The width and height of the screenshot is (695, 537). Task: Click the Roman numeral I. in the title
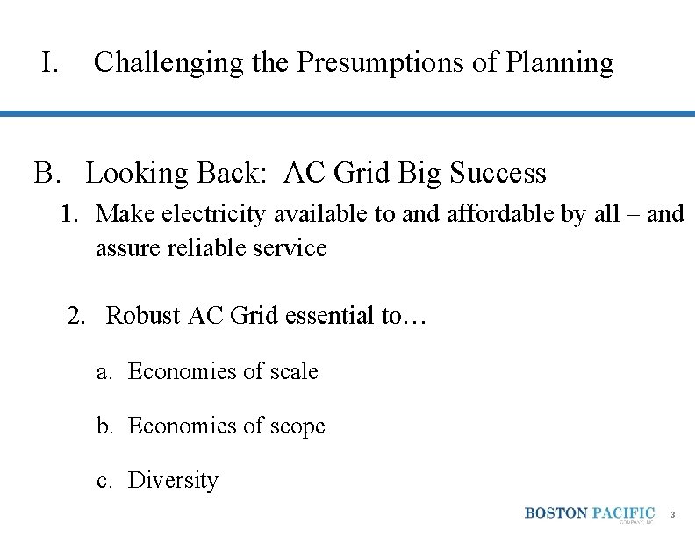pyautogui.click(x=49, y=62)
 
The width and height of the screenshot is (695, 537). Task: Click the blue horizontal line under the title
pyautogui.click(x=347, y=113)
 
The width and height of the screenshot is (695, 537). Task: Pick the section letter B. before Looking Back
pyautogui.click(x=48, y=173)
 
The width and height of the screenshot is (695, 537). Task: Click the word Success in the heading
pyautogui.click(x=498, y=173)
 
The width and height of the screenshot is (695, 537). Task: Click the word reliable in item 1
pyautogui.click(x=204, y=248)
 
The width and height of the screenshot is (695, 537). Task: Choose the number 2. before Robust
pyautogui.click(x=79, y=316)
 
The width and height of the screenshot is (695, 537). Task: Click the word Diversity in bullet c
pyautogui.click(x=173, y=481)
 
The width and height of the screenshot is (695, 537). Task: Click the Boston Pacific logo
pyautogui.click(x=590, y=514)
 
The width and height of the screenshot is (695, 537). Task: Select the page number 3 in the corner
pyautogui.click(x=673, y=514)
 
